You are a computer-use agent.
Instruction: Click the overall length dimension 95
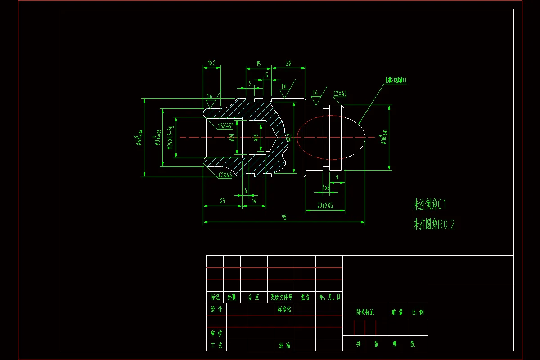284,217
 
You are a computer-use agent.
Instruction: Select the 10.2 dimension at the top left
211,63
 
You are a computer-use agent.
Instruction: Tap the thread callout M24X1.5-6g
170,138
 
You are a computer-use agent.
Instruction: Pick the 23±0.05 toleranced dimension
325,205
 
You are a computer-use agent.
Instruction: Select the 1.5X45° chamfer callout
228,126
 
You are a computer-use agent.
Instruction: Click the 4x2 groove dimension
326,187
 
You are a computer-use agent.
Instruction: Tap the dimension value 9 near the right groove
337,178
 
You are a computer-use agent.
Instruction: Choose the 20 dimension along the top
288,64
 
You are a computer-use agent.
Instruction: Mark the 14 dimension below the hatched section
254,201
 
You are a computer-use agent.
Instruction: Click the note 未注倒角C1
429,205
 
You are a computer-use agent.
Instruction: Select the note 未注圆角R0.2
434,225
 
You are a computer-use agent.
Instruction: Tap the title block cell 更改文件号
281,297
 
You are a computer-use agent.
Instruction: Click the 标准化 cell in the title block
284,310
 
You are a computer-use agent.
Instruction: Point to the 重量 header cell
397,312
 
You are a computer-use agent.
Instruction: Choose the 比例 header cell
418,312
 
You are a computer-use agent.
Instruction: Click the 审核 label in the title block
216,333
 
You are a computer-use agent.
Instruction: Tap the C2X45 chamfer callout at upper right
340,94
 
